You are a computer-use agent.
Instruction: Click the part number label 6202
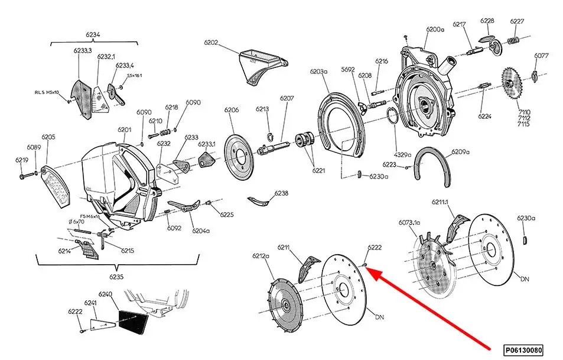click(211, 43)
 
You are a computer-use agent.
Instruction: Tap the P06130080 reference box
click(523, 349)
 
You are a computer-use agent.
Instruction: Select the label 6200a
click(434, 29)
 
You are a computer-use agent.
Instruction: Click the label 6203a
click(319, 72)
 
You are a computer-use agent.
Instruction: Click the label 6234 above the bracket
click(93, 35)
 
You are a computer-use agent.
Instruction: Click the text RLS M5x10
click(47, 93)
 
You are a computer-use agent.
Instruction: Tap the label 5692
click(348, 69)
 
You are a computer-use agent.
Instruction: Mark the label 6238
click(281, 193)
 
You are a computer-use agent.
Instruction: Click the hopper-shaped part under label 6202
click(258, 66)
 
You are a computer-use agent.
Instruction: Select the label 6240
click(105, 294)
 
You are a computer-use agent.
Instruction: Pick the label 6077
click(541, 56)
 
